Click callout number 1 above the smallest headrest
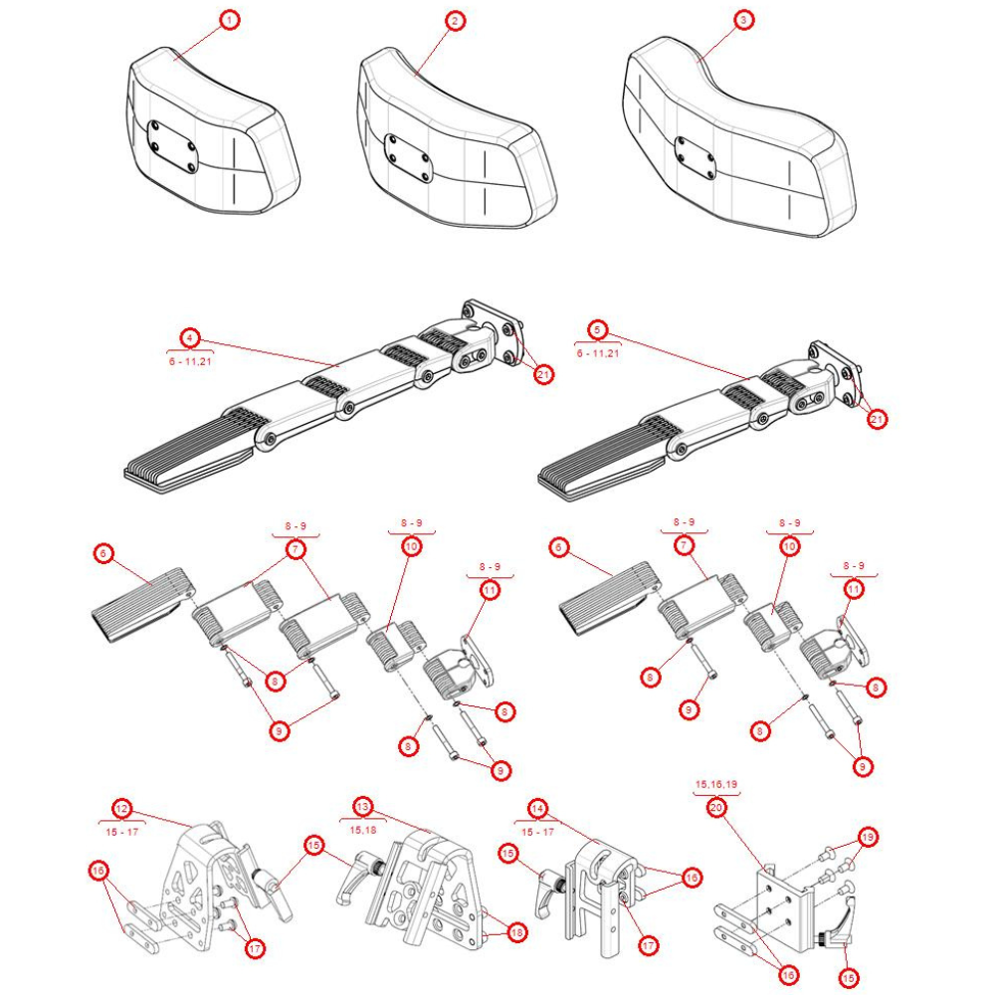tap(230, 20)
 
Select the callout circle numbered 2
tap(455, 20)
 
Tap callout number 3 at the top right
tap(742, 20)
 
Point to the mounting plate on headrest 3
tap(694, 156)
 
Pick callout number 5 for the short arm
tap(597, 328)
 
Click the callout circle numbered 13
tap(362, 807)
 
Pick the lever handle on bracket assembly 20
tap(842, 930)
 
